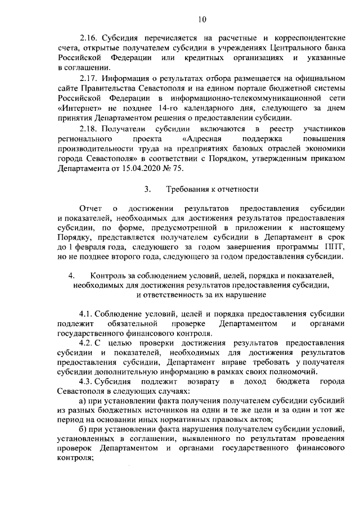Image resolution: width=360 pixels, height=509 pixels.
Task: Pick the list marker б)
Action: tap(84, 432)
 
